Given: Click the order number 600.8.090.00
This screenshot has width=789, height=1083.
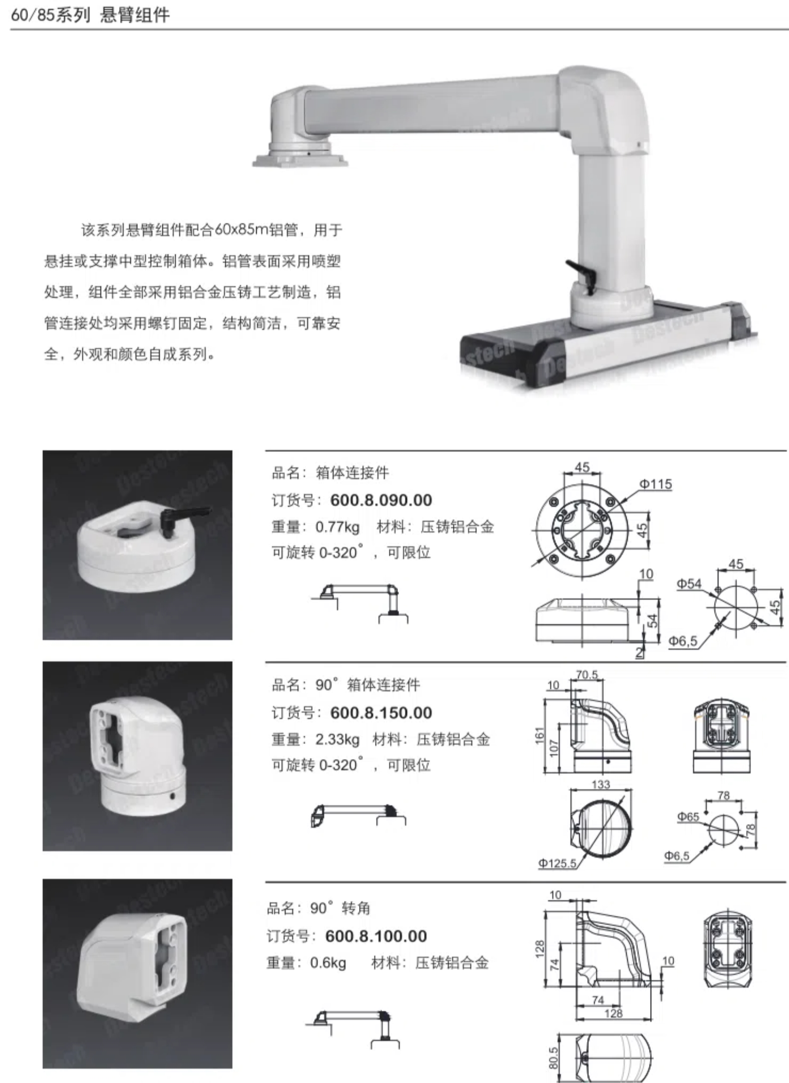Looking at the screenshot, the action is click(381, 500).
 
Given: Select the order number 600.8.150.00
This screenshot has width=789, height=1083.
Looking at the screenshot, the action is click(381, 713).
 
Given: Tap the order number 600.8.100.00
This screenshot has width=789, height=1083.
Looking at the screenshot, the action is click(376, 936).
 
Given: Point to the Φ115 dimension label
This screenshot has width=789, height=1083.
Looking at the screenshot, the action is click(656, 484).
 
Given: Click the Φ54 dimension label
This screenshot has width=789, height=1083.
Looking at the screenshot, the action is click(689, 583).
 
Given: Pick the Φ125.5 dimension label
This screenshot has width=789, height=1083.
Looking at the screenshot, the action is click(557, 863).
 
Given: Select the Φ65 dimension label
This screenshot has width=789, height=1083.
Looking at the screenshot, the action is click(688, 817).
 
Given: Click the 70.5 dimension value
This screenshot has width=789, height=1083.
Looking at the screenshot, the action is click(587, 675).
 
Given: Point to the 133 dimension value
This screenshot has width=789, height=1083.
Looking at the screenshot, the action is click(601, 784).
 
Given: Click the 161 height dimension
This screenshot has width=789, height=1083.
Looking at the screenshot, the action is click(539, 735).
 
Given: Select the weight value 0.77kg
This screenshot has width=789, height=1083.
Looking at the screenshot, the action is click(337, 527).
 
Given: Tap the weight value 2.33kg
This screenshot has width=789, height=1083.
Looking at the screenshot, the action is click(337, 739).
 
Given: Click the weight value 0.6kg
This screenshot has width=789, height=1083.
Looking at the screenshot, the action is click(328, 963).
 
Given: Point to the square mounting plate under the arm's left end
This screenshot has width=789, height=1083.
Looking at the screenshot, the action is click(300, 161).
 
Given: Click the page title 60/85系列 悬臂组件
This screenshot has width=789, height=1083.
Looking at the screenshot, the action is click(90, 15).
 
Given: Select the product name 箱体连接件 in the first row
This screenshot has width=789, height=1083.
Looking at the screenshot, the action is click(353, 473).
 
